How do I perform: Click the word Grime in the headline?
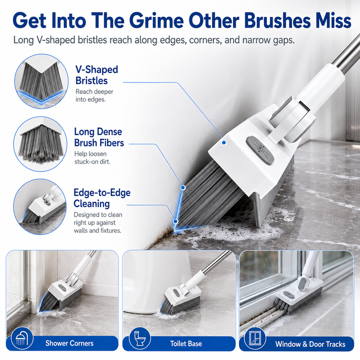click(x=158, y=21)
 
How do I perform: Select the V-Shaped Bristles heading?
click(x=96, y=75)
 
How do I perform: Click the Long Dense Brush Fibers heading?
click(x=99, y=137)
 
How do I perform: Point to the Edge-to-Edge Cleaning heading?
click(x=102, y=198)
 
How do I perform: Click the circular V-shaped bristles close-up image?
click(x=41, y=81)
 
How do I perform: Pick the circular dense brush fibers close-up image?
click(x=40, y=144)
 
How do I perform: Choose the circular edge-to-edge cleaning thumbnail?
click(x=40, y=206)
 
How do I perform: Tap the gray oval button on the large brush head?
click(x=260, y=150)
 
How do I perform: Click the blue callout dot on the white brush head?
click(x=224, y=143)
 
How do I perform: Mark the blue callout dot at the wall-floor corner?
click(x=175, y=221)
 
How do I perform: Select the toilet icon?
click(x=140, y=339)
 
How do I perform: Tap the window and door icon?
click(x=255, y=339)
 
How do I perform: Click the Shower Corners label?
click(x=69, y=343)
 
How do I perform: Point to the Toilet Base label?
click(x=186, y=343)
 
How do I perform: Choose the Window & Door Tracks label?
click(x=310, y=344)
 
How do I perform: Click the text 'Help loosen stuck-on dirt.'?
click(x=92, y=158)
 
